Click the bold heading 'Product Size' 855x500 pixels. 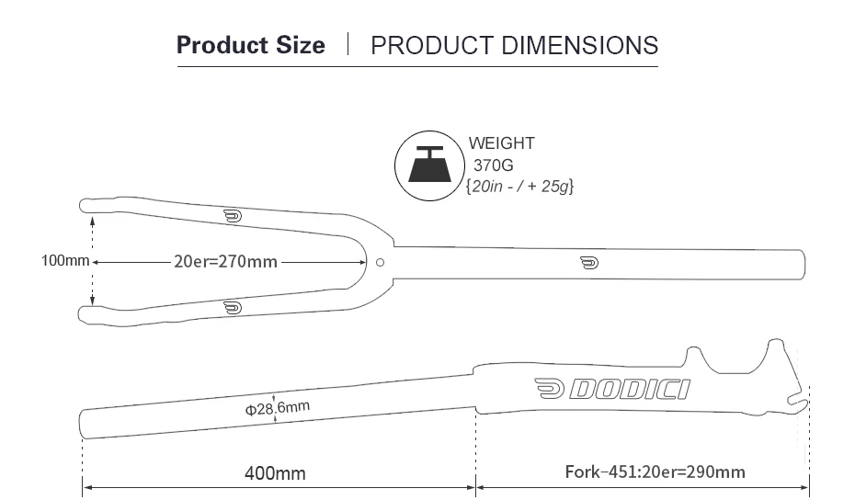coord(251,45)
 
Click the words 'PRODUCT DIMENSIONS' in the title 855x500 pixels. coord(514,45)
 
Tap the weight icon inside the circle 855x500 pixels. coord(429,165)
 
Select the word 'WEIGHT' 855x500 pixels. coord(502,143)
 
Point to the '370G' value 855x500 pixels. coord(493,165)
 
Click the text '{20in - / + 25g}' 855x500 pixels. coord(519,187)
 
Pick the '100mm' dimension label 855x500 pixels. coord(65,261)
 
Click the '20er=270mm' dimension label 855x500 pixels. coord(226,262)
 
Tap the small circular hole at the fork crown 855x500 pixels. coord(380,262)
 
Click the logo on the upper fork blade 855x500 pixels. coord(233,217)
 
